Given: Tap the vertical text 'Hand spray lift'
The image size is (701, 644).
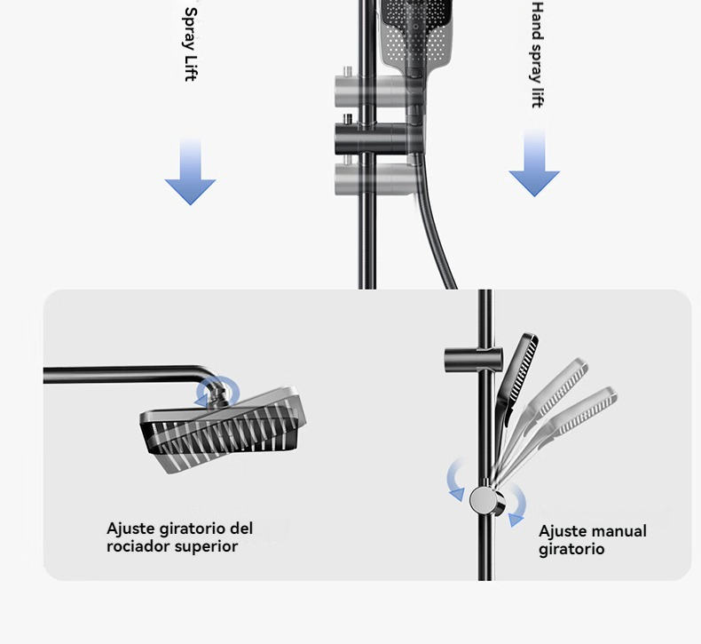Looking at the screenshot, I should tap(536, 55).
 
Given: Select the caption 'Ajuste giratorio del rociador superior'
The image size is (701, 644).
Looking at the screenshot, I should tap(179, 537).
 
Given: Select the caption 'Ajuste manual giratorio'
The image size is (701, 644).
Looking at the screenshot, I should tap(592, 540).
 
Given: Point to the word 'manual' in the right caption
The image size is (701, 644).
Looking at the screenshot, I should tap(618, 531).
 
